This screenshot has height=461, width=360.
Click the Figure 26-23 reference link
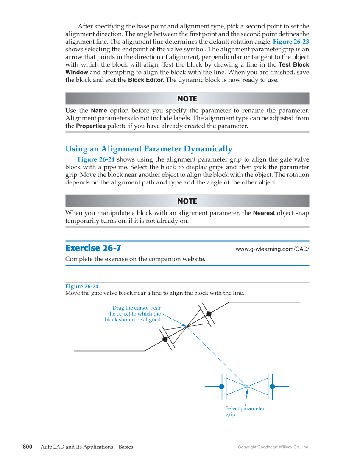pos(290,42)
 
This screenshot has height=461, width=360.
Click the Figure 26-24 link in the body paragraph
pos(96,159)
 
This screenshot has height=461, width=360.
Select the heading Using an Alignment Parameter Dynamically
pos(148,149)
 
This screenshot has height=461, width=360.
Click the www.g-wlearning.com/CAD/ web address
pos(272,249)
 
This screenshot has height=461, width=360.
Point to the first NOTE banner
pos(187,99)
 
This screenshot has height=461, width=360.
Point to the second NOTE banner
pos(187,201)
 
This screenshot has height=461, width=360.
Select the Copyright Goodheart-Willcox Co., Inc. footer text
pos(273,447)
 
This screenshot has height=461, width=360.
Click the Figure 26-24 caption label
pos(83,287)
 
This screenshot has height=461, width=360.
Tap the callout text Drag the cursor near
pos(136,308)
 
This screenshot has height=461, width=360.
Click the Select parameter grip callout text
pos(245,411)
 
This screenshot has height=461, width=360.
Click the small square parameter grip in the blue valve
pos(247,387)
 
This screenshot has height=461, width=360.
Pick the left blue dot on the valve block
pos(222,386)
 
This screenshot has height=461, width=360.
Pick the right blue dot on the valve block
pos(272,386)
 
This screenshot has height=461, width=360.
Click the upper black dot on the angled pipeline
pos(209,314)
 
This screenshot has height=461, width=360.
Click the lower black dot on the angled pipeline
pos(165,339)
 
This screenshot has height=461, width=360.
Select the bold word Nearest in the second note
pos(264,213)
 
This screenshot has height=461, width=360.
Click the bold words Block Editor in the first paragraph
pos(145,80)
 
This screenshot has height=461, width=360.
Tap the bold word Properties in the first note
pos(90,126)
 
